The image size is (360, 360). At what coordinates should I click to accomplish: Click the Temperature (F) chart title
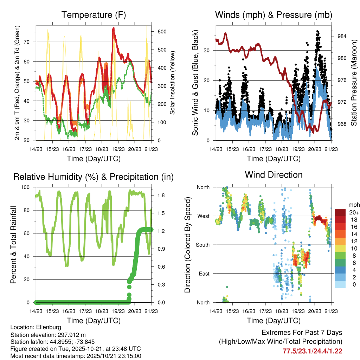pyautogui.click(x=94, y=15)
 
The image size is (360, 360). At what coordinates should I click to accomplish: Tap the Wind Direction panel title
pyautogui.click(x=274, y=174)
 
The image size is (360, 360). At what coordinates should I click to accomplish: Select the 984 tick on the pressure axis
pyautogui.click(x=339, y=36)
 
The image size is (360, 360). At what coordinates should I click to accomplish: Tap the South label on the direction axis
pyautogui.click(x=203, y=245)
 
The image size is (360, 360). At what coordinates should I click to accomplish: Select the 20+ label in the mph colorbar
pyautogui.click(x=353, y=212)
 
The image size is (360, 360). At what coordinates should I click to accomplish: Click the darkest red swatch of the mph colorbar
pyautogui.click(x=340, y=212)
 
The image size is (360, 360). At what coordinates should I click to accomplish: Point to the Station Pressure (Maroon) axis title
pyautogui.click(x=354, y=83)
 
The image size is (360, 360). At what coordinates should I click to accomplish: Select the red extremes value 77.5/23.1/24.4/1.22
pyautogui.click(x=312, y=351)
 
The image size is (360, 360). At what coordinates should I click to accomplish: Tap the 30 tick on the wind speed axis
pyautogui.click(x=207, y=50)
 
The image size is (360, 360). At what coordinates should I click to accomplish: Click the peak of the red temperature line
pyautogui.click(x=113, y=28)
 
